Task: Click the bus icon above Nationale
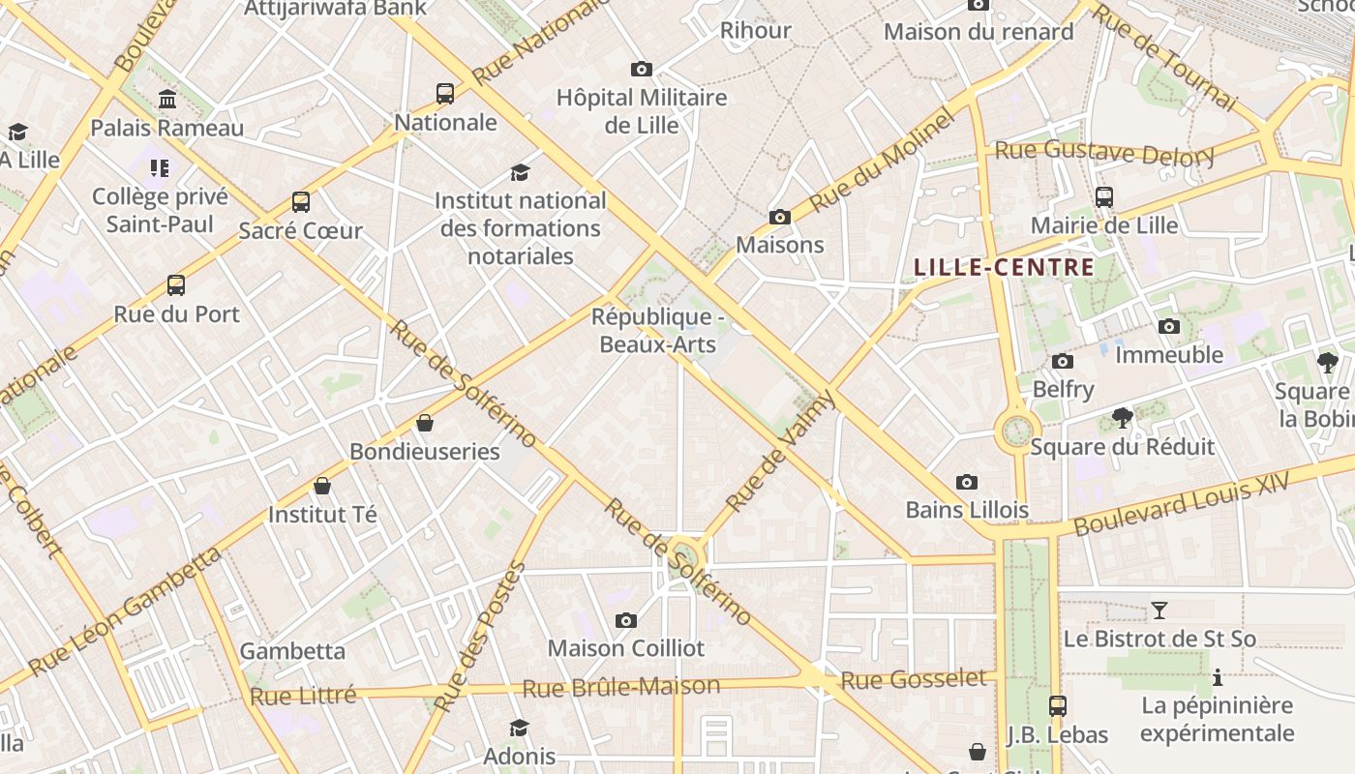[445, 94]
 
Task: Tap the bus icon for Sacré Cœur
[301, 202]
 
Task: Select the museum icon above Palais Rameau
[167, 100]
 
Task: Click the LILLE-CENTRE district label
[1004, 268]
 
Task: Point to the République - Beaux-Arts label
[658, 331]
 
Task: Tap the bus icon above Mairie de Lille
[1104, 197]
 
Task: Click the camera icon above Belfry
[1063, 362]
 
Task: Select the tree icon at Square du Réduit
[1123, 418]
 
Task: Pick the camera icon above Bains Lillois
[967, 482]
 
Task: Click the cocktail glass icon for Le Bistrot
[1159, 610]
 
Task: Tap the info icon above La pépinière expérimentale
[1217, 677]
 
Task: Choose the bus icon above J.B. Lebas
[1058, 706]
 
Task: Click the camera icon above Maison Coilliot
[626, 620]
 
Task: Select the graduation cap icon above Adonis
[520, 728]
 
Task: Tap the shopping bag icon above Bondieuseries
[425, 423]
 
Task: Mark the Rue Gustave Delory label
[1104, 153]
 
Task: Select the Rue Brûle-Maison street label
[621, 687]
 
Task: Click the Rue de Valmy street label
[779, 452]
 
